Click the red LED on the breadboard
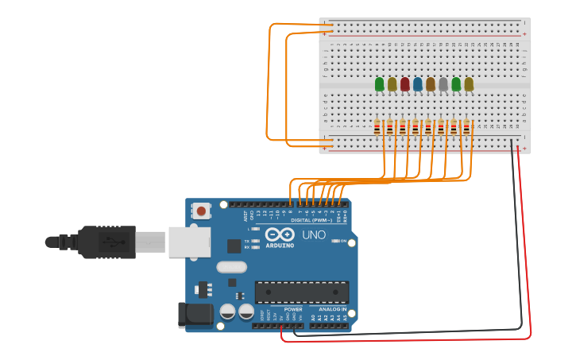point(405,84)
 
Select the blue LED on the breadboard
point(418,84)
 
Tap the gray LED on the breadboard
point(443,84)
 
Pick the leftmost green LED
point(380,84)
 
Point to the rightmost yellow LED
point(469,84)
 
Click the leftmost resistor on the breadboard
point(378,127)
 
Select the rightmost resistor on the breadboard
point(467,127)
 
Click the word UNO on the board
point(313,235)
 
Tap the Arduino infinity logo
point(280,234)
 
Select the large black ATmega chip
point(301,292)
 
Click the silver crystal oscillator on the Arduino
point(231,267)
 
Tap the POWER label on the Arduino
point(293,309)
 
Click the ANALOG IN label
point(332,309)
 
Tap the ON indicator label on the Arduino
point(343,242)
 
